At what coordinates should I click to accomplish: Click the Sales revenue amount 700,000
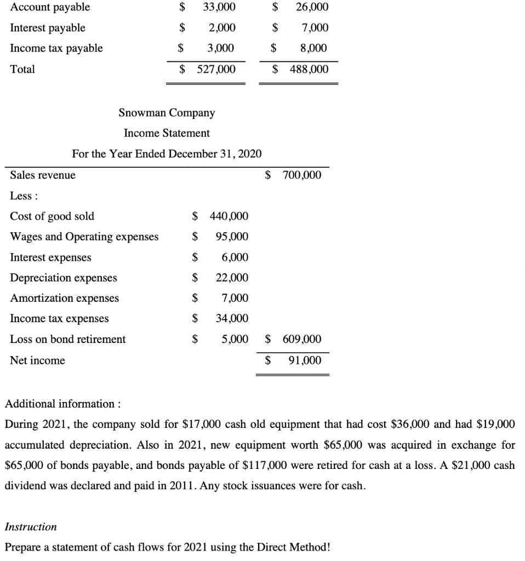[302, 175]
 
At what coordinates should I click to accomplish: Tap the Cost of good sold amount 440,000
[229, 216]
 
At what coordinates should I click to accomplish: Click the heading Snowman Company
[167, 113]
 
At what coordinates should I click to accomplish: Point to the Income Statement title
[167, 133]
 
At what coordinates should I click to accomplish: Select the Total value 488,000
[309, 69]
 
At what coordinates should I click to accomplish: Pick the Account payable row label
[50, 7]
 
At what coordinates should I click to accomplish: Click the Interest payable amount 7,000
[314, 27]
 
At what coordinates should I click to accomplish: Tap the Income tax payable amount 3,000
[220, 48]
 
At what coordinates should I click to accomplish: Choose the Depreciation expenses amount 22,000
[232, 278]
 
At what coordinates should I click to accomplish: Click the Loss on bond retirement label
[68, 339]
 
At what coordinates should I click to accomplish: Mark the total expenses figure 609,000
[302, 339]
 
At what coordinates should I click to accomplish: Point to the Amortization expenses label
[65, 298]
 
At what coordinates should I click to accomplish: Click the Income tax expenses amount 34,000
[232, 318]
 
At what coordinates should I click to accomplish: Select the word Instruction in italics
[31, 526]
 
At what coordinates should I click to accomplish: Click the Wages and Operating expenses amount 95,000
[232, 237]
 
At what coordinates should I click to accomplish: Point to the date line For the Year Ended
[167, 153]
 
